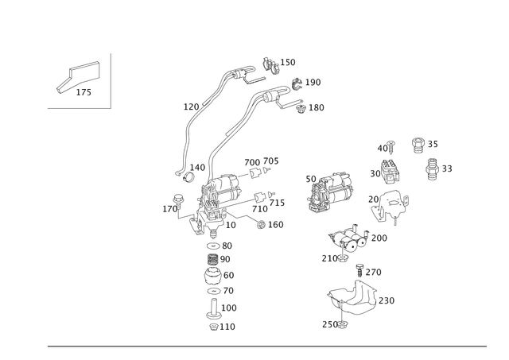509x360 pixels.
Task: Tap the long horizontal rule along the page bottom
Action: (x=266, y=346)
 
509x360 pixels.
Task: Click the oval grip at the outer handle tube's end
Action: (x=270, y=60)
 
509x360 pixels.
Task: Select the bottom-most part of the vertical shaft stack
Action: (x=212, y=325)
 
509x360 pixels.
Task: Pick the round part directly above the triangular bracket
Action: (x=388, y=168)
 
